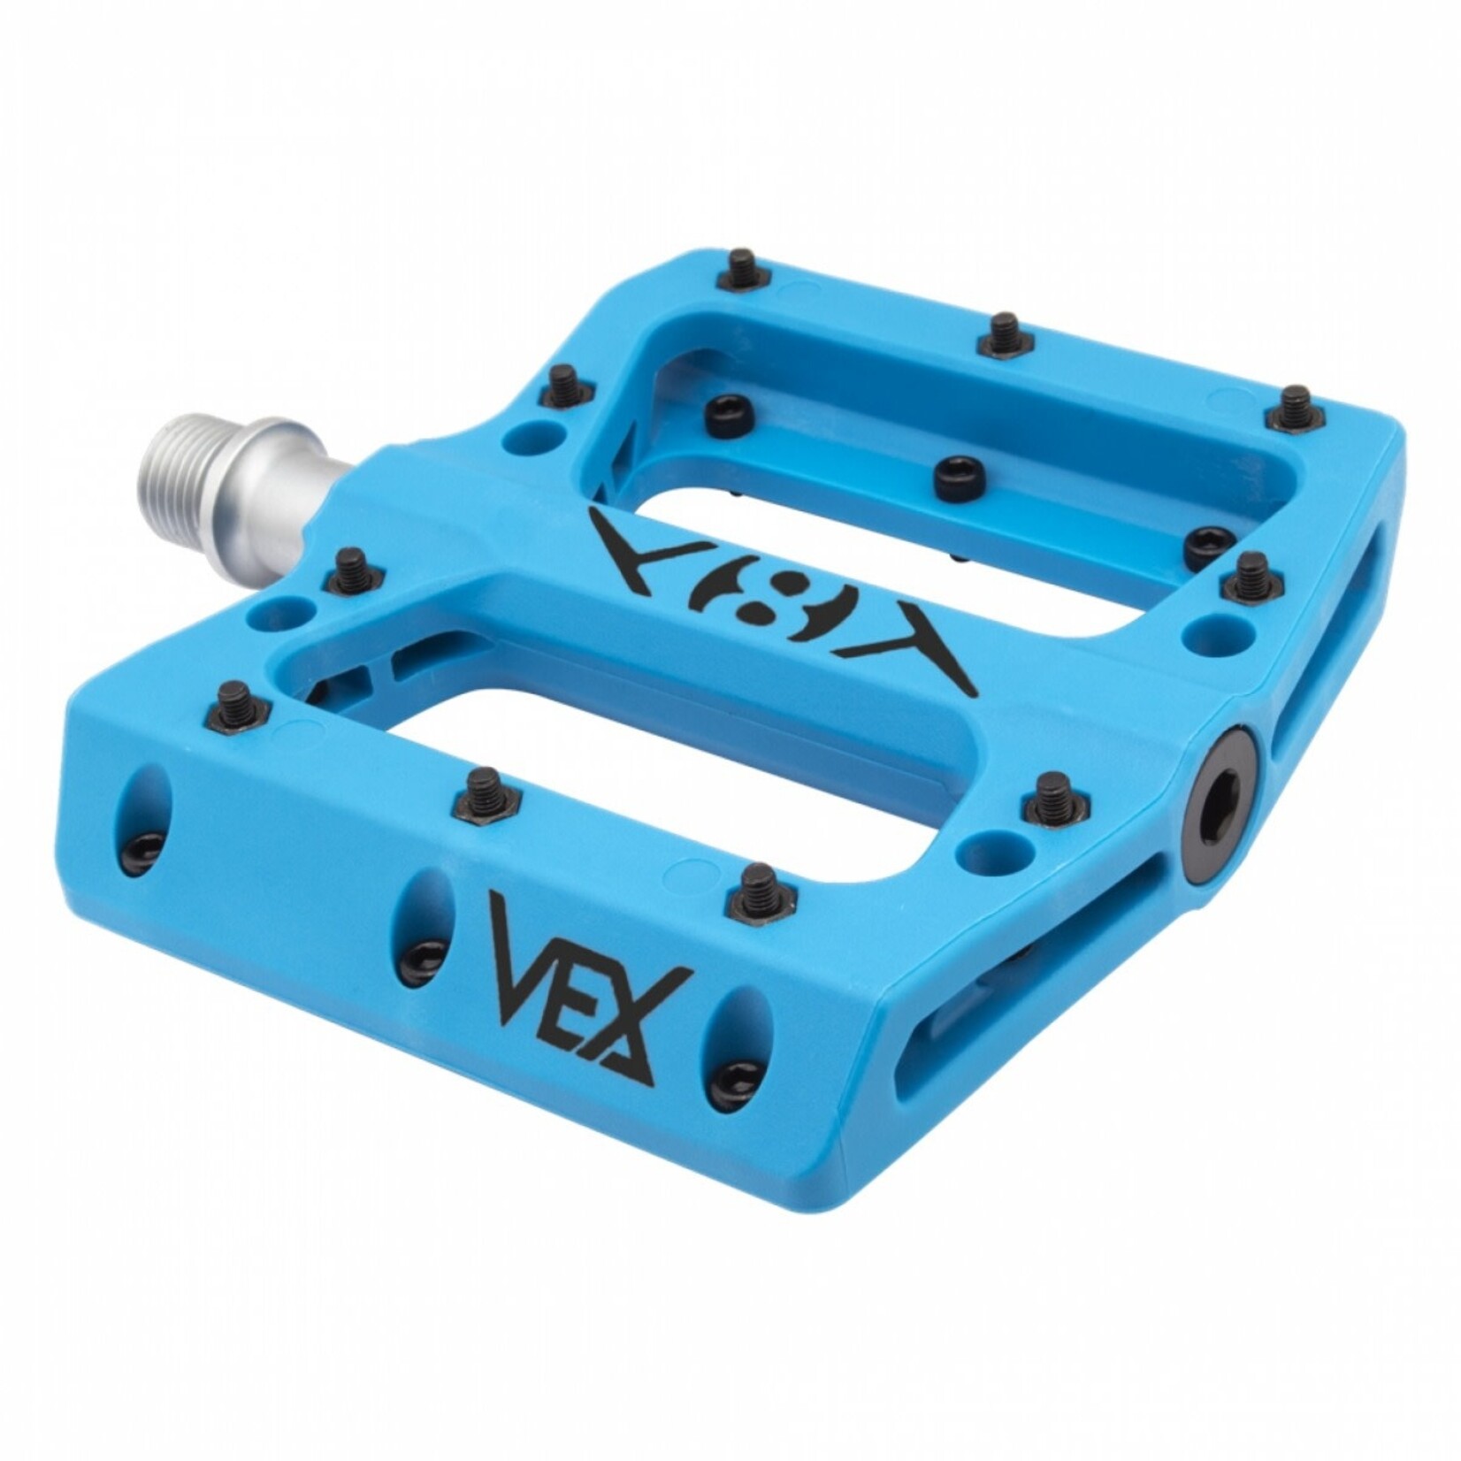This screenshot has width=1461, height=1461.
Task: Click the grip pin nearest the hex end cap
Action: click(1050, 796)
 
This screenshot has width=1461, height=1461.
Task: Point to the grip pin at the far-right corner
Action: click(1296, 408)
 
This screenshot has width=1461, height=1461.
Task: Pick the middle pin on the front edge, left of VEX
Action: click(485, 792)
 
